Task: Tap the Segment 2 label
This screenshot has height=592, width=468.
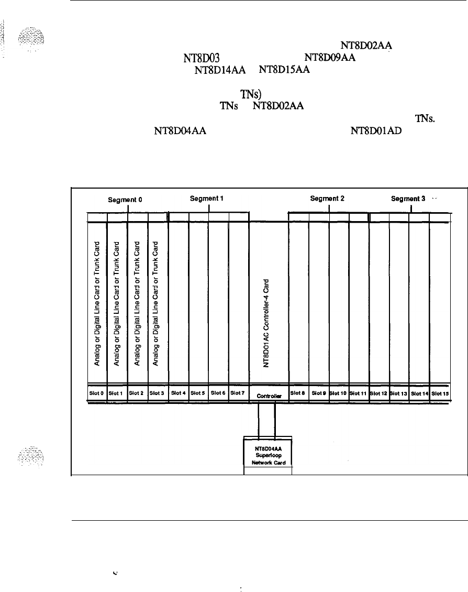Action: click(x=327, y=199)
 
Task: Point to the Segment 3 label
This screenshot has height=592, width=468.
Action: click(x=408, y=199)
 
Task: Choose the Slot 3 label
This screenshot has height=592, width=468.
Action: click(x=157, y=392)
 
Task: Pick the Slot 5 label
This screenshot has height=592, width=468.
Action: click(x=197, y=392)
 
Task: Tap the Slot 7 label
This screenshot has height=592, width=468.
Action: click(x=238, y=392)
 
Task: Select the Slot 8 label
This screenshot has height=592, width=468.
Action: click(x=298, y=392)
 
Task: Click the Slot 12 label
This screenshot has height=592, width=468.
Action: click(x=379, y=392)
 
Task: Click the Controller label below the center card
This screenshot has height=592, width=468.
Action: click(x=269, y=397)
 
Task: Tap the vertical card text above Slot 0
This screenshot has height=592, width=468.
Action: click(x=97, y=302)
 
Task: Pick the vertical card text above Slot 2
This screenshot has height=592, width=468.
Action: click(x=137, y=302)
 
